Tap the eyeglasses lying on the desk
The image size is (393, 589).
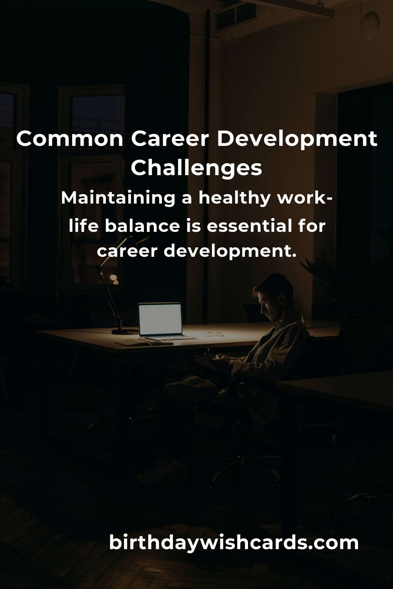[214, 334]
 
